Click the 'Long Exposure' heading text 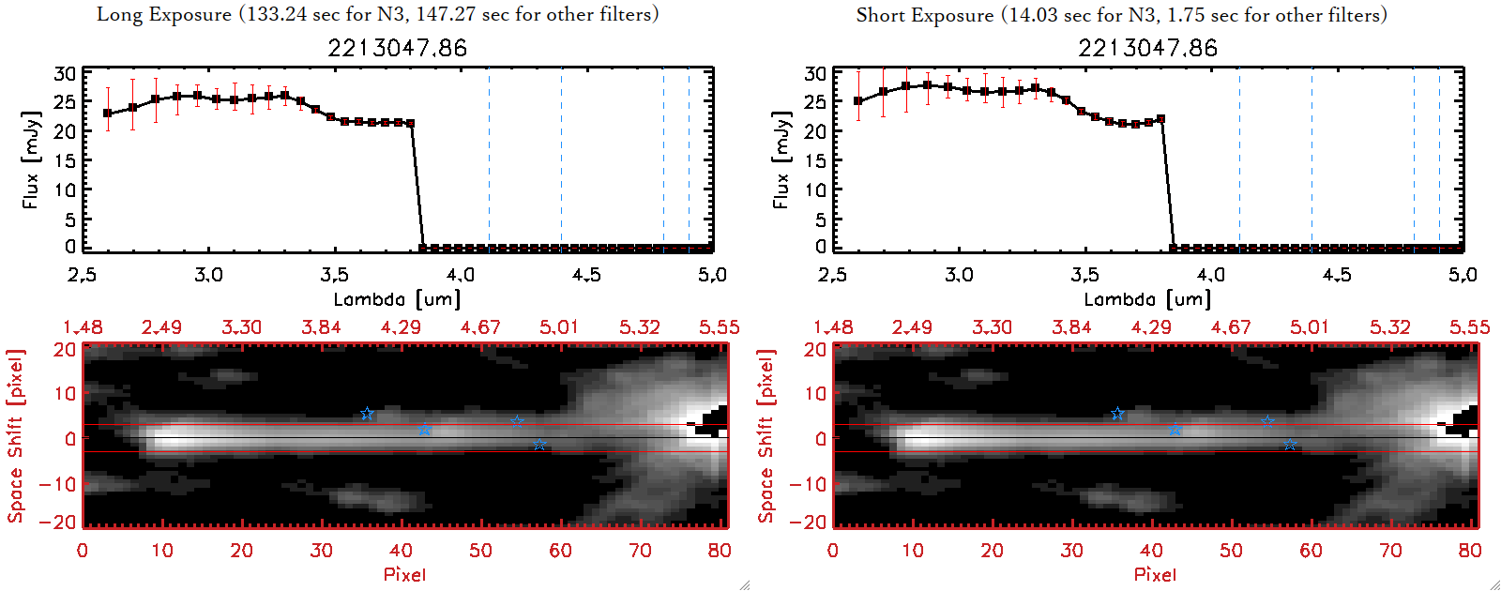(164, 14)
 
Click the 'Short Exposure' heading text (924, 15)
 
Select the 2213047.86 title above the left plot (397, 48)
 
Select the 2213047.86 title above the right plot (1147, 48)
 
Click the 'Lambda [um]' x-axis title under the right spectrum (1147, 299)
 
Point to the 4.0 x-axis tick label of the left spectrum (461, 275)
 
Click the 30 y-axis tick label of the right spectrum (815, 73)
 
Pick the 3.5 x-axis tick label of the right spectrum (1084, 275)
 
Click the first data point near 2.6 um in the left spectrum (108, 114)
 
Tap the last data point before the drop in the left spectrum (410, 123)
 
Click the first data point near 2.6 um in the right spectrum (858, 101)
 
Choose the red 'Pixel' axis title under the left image (404, 574)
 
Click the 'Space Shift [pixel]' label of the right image (766, 436)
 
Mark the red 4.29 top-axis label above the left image (401, 327)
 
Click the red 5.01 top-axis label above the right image (1309, 327)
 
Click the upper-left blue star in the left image (367, 414)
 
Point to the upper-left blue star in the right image (1117, 414)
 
